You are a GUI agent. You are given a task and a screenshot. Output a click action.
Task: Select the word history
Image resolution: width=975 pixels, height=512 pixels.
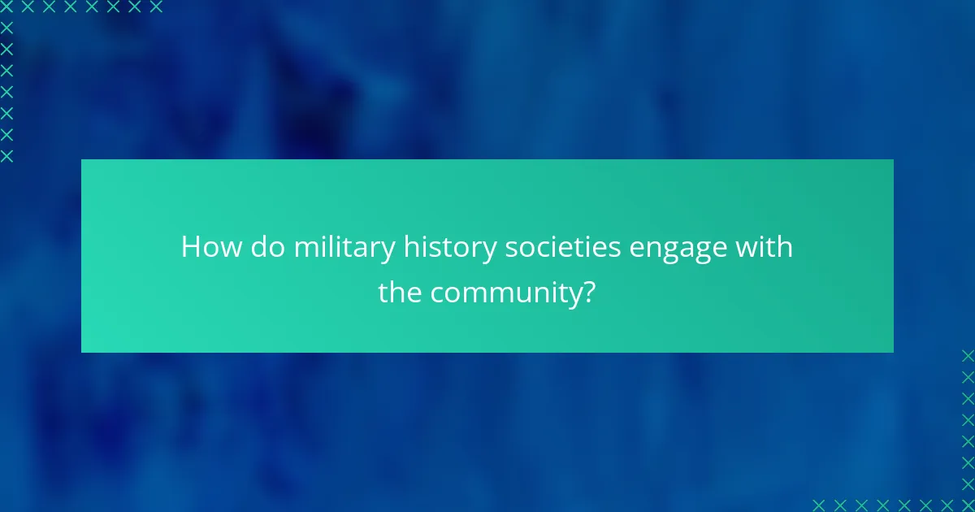(449, 247)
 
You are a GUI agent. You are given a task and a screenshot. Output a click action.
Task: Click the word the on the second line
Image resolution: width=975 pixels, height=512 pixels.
(400, 293)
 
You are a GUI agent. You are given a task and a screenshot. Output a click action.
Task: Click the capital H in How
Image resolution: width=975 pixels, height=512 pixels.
(190, 247)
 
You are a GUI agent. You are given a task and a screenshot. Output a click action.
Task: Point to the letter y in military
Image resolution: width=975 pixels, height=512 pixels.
(389, 250)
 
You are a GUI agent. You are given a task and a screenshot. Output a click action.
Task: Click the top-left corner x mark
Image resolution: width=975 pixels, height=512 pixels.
(6, 7)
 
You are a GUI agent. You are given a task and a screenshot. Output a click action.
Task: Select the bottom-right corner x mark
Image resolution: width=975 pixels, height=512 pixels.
(968, 505)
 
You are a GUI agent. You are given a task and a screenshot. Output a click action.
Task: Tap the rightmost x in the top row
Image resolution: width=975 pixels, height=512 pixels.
(156, 7)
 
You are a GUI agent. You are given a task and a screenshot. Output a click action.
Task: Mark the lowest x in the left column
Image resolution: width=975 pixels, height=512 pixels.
(6, 155)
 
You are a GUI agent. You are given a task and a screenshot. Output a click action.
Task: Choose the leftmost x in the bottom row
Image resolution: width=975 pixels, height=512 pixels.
(820, 505)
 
